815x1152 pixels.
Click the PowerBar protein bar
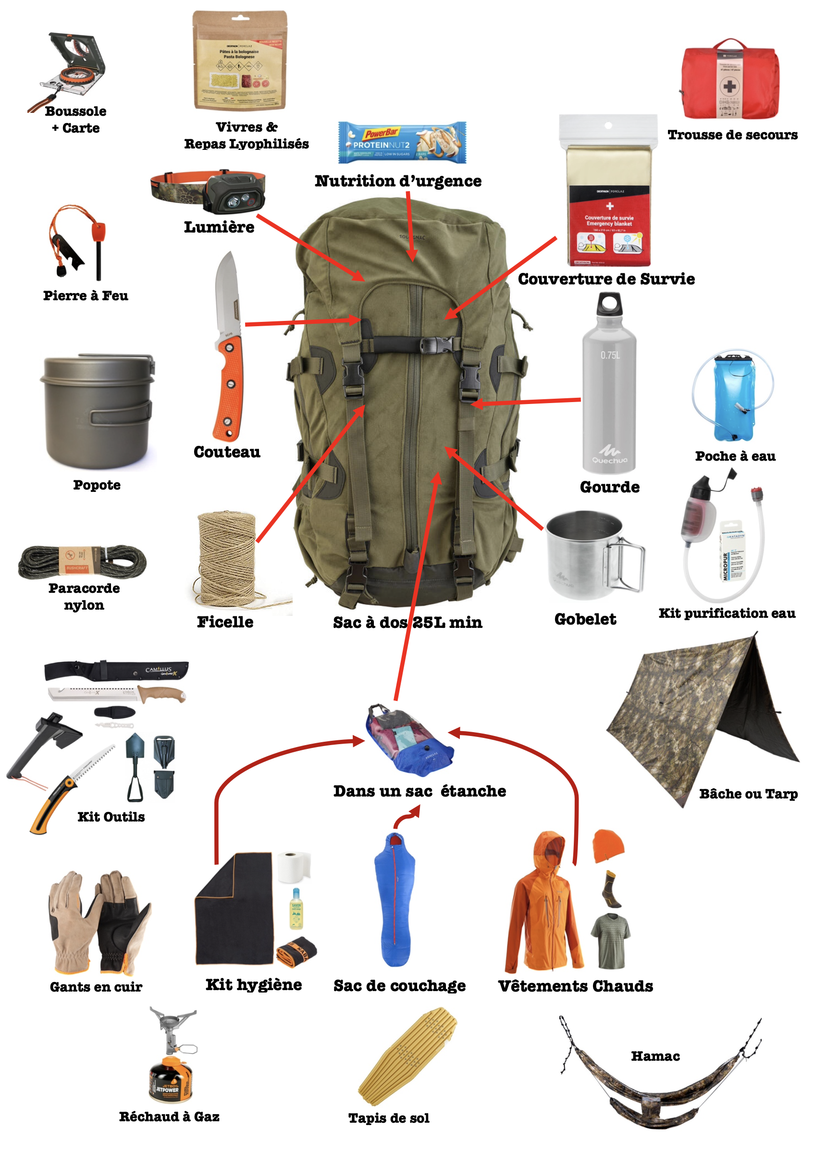point(402,143)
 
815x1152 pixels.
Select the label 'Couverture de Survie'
point(606,279)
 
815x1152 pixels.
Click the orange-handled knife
point(229,351)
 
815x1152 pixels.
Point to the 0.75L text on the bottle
point(610,355)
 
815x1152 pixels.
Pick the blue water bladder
point(734,396)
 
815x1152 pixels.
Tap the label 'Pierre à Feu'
point(86,295)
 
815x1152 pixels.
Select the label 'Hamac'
point(655,1056)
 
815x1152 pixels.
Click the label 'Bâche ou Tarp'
point(748,794)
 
